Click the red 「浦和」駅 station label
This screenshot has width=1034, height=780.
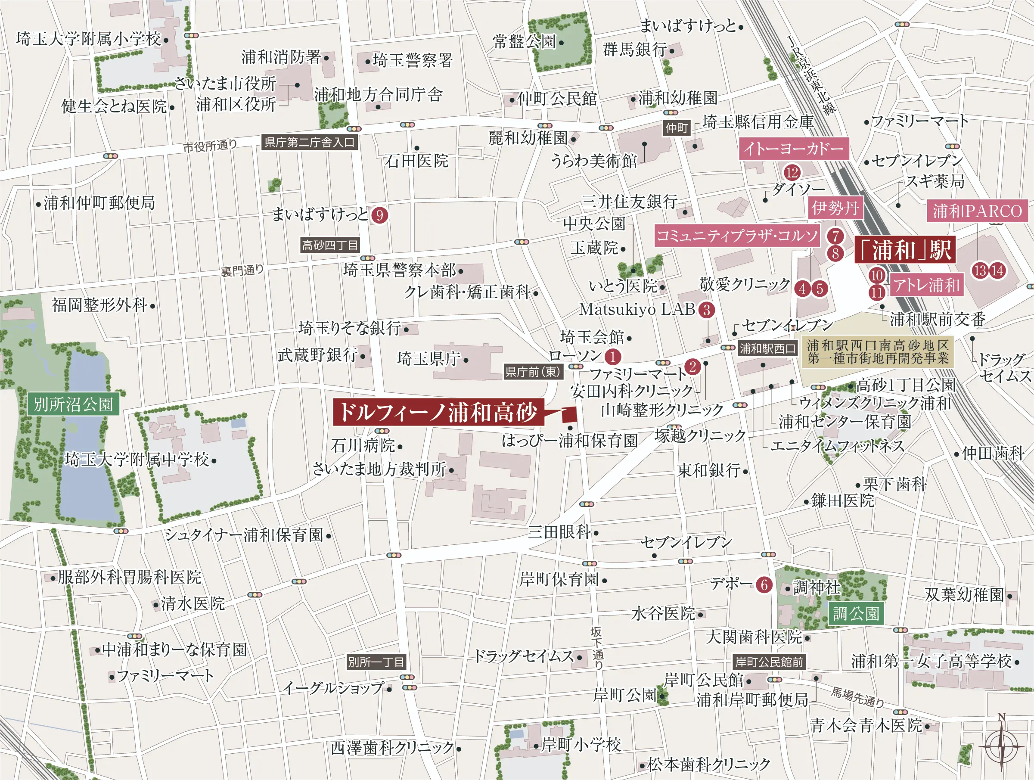coord(904,250)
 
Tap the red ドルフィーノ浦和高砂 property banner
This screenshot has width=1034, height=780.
coord(438,412)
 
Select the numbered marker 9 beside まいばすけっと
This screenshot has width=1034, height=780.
coord(379,215)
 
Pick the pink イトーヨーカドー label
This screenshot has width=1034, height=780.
coord(793,149)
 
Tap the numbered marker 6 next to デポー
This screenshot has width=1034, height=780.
coord(764,584)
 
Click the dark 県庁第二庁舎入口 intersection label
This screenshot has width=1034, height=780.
coord(310,142)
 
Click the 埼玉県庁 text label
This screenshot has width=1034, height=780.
coord(429,359)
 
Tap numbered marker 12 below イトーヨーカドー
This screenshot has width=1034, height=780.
coord(792,173)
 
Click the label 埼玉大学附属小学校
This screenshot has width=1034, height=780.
coord(88,39)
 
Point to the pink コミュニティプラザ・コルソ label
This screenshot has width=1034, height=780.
coord(737,236)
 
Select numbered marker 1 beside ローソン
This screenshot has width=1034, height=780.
coord(612,357)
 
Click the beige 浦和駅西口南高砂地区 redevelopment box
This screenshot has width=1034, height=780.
coord(877,351)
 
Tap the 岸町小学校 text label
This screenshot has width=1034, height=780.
coord(581,744)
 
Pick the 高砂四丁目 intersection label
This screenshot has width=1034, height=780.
coord(330,245)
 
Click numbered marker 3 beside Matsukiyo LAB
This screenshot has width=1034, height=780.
coord(706,310)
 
